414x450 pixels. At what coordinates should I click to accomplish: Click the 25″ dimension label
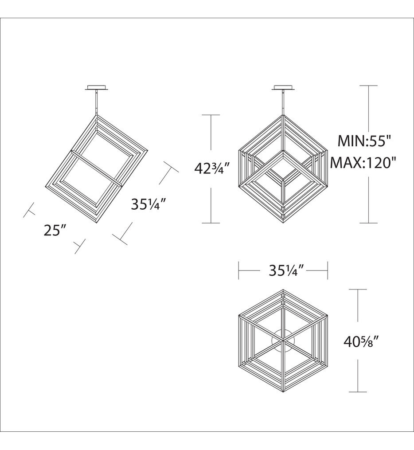(55, 230)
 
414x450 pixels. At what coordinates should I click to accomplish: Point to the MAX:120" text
(363, 163)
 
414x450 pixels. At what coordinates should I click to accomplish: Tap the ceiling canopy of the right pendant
(283, 87)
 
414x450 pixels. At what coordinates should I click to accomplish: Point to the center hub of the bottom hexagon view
(283, 341)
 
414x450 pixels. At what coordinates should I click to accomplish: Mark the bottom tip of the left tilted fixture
(97, 224)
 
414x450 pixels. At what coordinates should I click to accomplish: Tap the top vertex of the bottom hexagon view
(283, 290)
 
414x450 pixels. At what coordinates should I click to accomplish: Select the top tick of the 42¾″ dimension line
(211, 115)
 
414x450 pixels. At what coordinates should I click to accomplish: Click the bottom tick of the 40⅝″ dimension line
(358, 392)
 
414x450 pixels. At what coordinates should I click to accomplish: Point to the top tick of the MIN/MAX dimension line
(369, 86)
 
